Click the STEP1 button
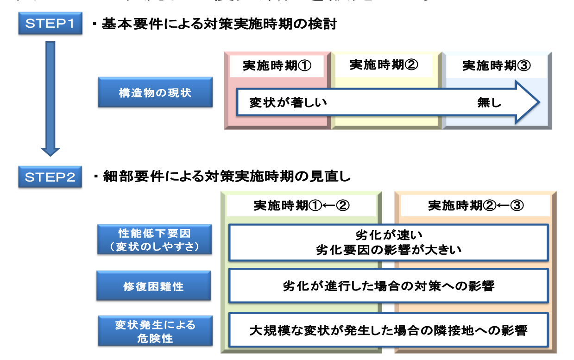(50, 24)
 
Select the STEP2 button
(50, 177)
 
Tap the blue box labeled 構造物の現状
(155, 92)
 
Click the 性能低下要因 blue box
(155, 240)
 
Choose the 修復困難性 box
(154, 286)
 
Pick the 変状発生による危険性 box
(155, 331)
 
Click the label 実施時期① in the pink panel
(277, 66)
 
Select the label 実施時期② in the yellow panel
(384, 65)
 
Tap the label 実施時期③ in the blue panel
(497, 66)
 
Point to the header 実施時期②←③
(476, 205)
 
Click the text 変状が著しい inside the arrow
(288, 102)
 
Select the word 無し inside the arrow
(489, 102)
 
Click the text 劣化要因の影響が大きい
(388, 250)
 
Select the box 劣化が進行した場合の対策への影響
(388, 286)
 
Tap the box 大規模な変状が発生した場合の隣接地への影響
(388, 330)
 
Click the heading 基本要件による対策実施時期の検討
(219, 24)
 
